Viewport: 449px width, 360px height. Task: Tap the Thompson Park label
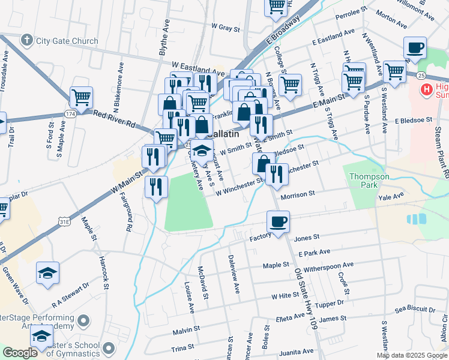point(370,181)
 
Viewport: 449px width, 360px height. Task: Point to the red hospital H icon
point(427,90)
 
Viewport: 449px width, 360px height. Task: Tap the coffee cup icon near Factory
point(278,221)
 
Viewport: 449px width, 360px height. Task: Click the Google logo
point(20,353)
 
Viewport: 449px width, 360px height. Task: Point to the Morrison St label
point(298,194)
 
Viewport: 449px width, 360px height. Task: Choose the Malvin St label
point(185,330)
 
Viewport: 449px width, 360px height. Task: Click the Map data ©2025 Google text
point(412,355)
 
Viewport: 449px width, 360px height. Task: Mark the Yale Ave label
point(391,196)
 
